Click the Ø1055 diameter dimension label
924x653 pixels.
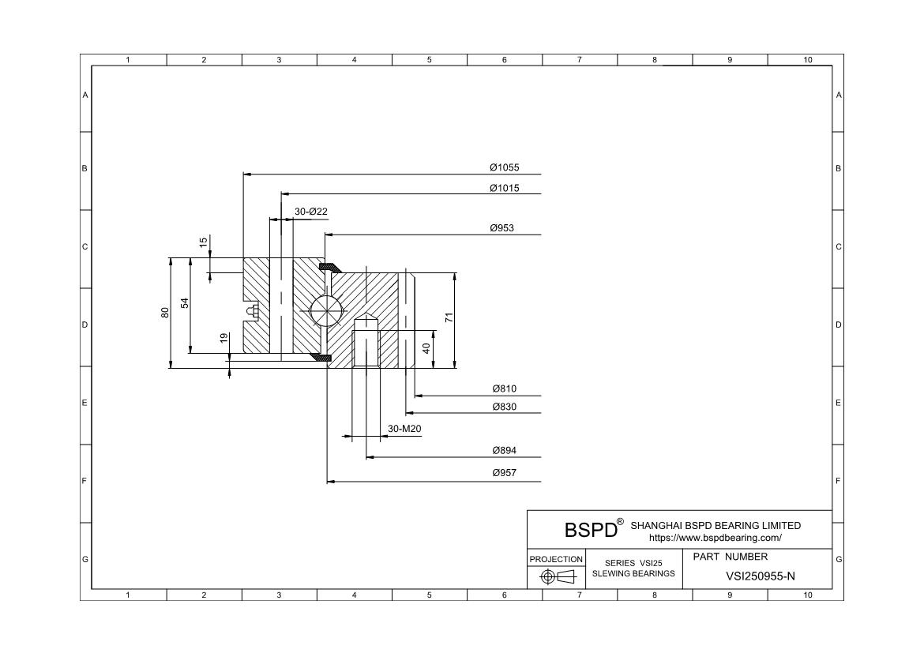coord(504,167)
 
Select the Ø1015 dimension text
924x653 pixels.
coord(504,188)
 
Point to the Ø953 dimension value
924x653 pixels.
coord(501,228)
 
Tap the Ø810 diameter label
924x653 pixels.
coord(504,388)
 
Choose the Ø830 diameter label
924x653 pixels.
coord(504,407)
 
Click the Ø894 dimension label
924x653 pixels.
coord(504,451)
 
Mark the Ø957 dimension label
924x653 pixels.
coord(504,473)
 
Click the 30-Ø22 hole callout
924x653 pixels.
coord(311,212)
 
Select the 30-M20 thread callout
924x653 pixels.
coord(404,429)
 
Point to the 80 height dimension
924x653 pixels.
coord(165,312)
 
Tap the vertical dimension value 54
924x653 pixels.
coord(185,303)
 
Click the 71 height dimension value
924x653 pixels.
coord(449,317)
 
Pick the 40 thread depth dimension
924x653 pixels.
coord(426,348)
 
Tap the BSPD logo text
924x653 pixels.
coord(590,529)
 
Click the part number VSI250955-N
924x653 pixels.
coord(760,576)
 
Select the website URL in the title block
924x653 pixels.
coord(715,538)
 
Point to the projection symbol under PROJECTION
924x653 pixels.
coord(556,577)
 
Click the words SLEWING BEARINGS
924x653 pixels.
coord(633,573)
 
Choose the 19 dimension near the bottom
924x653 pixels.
coord(224,338)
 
